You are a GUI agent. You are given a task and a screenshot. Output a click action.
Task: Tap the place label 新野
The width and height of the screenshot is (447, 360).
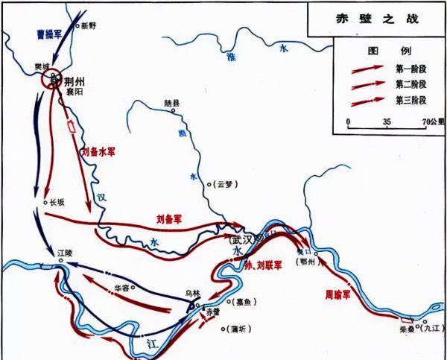(89, 25)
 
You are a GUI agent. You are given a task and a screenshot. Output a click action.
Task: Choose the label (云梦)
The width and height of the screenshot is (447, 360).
(223, 183)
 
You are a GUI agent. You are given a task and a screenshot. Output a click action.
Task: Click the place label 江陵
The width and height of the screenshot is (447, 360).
(66, 254)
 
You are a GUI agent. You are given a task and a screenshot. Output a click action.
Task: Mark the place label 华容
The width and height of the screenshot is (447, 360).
(127, 285)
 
